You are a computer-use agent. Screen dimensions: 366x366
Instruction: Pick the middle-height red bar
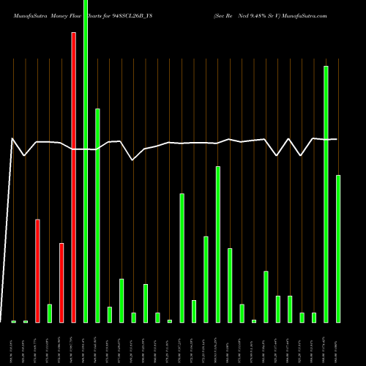pyautogui.click(x=37, y=271)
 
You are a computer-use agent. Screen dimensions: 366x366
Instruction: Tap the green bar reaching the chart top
pyautogui.click(x=86, y=161)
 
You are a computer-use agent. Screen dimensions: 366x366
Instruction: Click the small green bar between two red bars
pyautogui.click(x=50, y=313)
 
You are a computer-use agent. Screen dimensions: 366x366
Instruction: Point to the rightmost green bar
pyautogui.click(x=337, y=249)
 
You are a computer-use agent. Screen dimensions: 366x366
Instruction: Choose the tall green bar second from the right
pyautogui.click(x=326, y=194)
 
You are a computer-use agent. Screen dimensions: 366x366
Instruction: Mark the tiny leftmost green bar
pyautogui.click(x=13, y=321)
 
